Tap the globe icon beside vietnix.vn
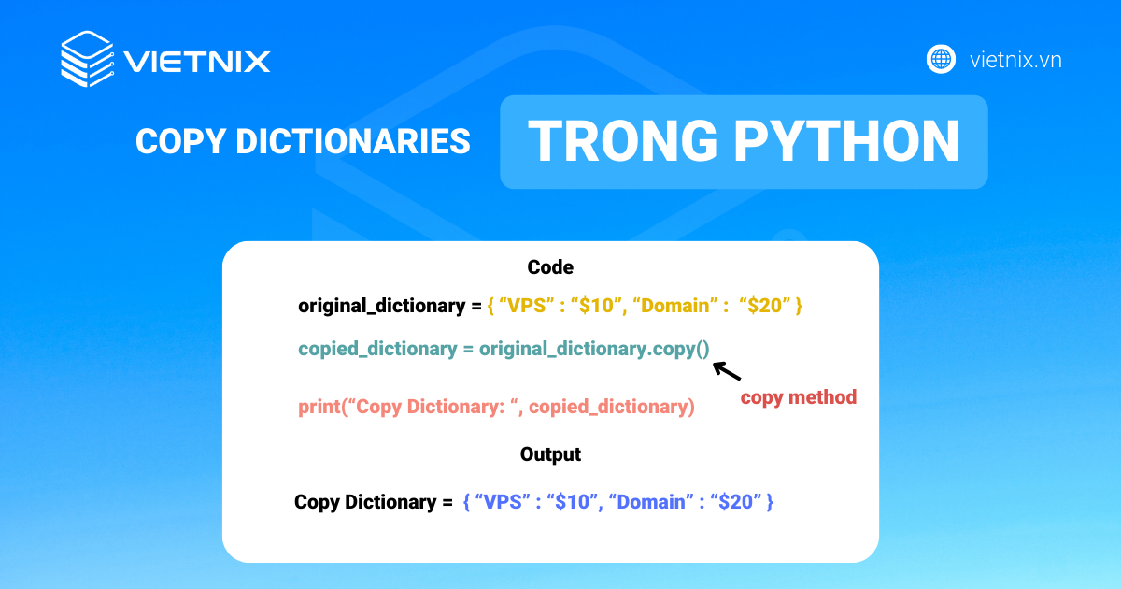[x=941, y=60]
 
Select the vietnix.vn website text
[x=1015, y=61]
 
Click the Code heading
[x=550, y=267]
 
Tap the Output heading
[x=550, y=454]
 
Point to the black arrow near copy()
[x=727, y=371]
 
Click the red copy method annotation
[x=798, y=397]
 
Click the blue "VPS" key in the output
[x=504, y=502]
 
